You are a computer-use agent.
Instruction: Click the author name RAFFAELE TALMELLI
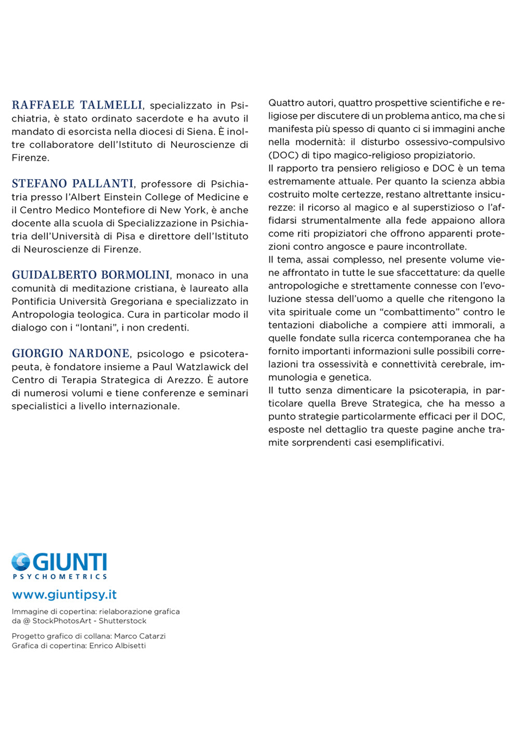coord(77,105)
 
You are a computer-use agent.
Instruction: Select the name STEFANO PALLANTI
coord(73,183)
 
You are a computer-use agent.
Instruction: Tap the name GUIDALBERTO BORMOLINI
coord(91,275)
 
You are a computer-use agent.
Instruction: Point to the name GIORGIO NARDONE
coord(71,353)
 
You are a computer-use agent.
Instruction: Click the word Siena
coord(200,131)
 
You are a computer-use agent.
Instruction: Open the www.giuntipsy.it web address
coord(64,594)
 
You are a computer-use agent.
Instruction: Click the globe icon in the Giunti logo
coord(21,563)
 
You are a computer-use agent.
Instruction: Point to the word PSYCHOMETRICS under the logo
coord(60,577)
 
